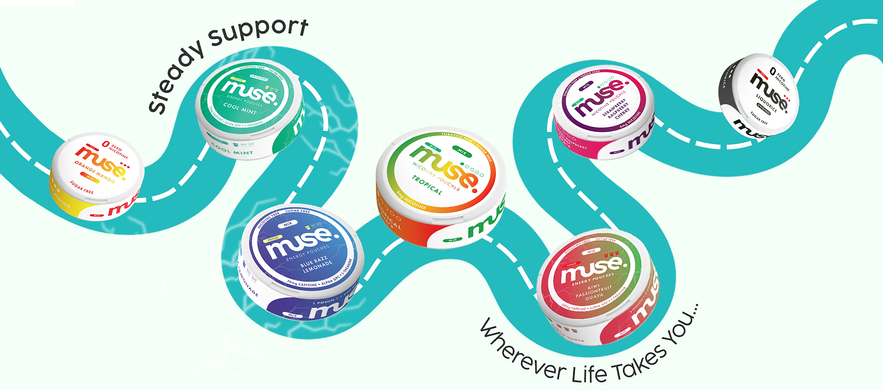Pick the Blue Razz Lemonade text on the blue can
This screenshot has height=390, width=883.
click(x=316, y=264)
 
